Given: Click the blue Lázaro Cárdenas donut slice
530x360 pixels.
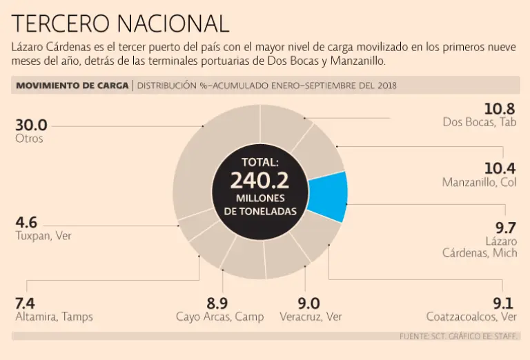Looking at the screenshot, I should [x=327, y=196].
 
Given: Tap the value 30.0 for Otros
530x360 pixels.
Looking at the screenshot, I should [x=31, y=125].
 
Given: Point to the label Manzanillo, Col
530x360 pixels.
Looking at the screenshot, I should [x=479, y=183].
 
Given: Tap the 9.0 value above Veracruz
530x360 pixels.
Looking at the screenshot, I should [x=308, y=303].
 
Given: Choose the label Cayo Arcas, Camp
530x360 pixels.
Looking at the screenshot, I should [x=219, y=317].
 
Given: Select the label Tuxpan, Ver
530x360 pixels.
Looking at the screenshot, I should [x=43, y=236].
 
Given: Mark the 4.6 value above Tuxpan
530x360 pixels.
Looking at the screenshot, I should [x=26, y=222].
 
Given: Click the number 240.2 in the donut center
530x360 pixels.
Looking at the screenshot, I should [x=259, y=181].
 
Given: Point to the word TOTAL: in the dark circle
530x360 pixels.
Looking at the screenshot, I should [x=259, y=163].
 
